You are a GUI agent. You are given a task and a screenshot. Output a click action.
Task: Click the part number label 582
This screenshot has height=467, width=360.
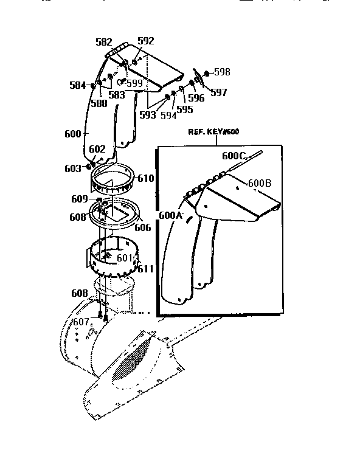(x=104, y=42)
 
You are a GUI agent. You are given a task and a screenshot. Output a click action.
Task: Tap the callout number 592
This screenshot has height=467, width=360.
(x=146, y=41)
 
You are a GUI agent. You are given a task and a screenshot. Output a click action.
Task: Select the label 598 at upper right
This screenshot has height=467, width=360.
(x=221, y=72)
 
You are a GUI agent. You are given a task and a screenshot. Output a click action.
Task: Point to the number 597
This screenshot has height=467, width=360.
(x=218, y=92)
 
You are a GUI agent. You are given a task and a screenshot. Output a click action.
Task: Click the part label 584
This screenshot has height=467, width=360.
(x=78, y=86)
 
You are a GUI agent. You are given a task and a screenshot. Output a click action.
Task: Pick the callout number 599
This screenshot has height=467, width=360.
(x=134, y=83)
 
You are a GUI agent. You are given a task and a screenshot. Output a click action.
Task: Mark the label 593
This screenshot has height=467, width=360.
(x=147, y=114)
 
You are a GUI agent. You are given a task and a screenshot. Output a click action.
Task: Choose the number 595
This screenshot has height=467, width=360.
(x=185, y=110)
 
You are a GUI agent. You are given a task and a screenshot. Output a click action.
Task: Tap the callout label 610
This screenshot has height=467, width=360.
(x=146, y=178)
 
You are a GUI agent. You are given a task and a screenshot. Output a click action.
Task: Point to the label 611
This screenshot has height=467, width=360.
(x=146, y=268)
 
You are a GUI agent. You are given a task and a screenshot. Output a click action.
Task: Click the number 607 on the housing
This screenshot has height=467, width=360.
(x=81, y=322)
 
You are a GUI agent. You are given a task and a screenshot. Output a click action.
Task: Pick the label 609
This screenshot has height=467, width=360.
(x=79, y=198)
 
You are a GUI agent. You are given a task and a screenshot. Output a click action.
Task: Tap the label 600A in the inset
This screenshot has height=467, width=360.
(x=170, y=215)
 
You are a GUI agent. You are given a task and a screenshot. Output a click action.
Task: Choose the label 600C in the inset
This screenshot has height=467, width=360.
(x=233, y=156)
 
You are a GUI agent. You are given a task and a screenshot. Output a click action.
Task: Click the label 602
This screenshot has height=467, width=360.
(x=97, y=149)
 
